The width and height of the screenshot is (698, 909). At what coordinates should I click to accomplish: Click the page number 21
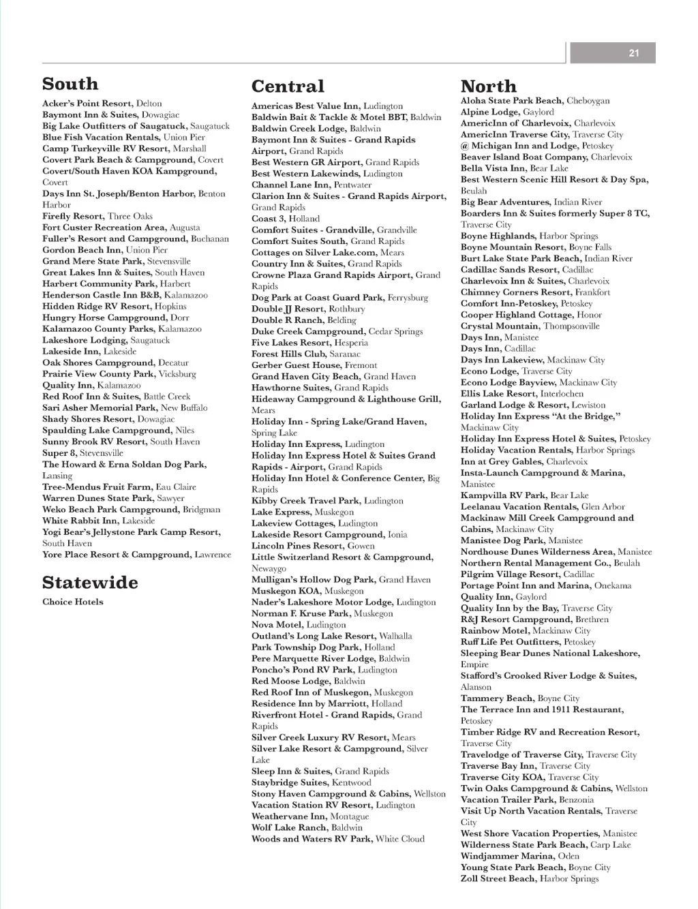click(x=634, y=53)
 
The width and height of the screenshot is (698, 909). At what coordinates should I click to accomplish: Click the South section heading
click(x=70, y=84)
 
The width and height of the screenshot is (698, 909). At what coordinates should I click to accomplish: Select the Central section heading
click(x=288, y=87)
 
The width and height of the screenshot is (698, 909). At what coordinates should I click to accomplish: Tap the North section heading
click(x=489, y=87)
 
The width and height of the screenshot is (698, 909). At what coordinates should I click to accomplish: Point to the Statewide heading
click(x=90, y=583)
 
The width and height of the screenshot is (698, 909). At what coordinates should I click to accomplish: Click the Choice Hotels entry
click(x=73, y=602)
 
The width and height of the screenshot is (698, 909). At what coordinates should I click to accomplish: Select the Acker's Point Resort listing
click(x=102, y=104)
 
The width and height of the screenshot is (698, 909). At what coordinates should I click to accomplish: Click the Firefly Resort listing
click(x=97, y=216)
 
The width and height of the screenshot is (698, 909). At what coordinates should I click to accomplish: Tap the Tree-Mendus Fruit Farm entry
click(x=119, y=487)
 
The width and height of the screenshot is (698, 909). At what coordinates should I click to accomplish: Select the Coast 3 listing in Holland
click(x=285, y=219)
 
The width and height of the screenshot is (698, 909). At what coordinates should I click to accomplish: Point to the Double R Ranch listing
click(x=303, y=320)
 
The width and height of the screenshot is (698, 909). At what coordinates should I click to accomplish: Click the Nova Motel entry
click(x=299, y=625)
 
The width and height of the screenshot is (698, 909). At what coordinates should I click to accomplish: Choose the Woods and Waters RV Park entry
click(x=337, y=839)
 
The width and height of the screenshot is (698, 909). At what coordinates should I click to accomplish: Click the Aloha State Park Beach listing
click(x=534, y=101)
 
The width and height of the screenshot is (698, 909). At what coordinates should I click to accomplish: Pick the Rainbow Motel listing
click(x=525, y=631)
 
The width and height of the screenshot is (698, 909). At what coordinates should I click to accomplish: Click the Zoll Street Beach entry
click(x=529, y=879)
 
